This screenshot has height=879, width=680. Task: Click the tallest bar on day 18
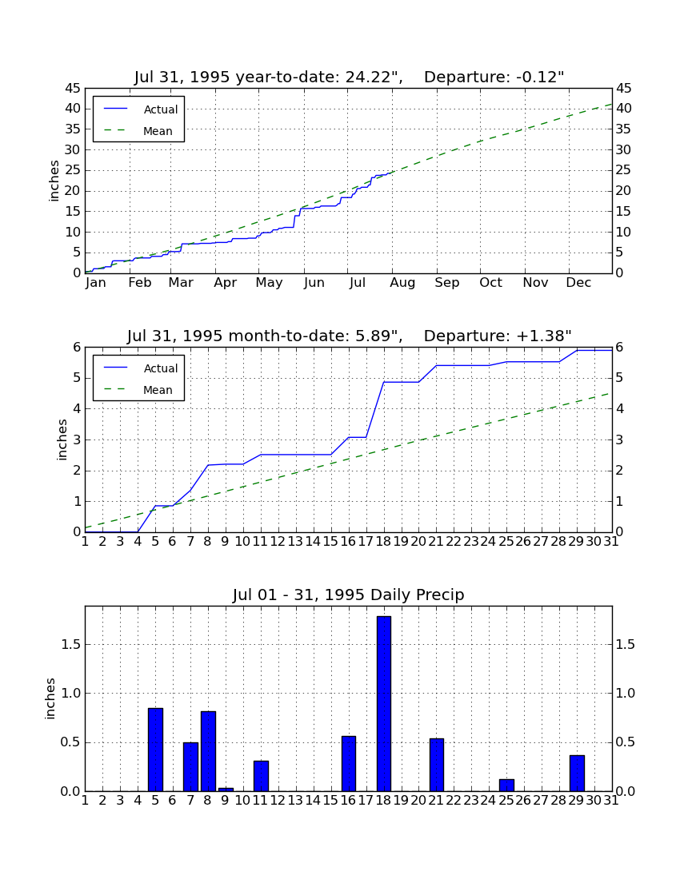[x=384, y=703]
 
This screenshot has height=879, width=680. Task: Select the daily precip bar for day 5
[x=155, y=750]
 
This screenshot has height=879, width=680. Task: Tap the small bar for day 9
[x=226, y=790]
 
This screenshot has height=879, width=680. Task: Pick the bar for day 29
[x=577, y=774]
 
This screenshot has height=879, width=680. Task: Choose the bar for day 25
[x=506, y=786]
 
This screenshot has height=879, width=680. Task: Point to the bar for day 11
[x=261, y=776]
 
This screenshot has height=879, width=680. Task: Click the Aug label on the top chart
[x=402, y=283]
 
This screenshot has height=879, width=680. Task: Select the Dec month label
[x=578, y=283]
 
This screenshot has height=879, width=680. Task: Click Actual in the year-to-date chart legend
[x=161, y=109]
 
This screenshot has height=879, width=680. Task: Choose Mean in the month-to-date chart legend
[x=158, y=390]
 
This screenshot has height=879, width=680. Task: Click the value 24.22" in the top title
[x=370, y=77]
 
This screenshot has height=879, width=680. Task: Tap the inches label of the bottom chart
[x=50, y=698]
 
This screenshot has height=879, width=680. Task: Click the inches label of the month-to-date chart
[x=62, y=439]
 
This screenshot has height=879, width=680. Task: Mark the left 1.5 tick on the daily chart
[x=71, y=645]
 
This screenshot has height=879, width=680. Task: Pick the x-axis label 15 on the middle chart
[x=330, y=542]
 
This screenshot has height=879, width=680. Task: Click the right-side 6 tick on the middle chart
[x=619, y=348]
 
